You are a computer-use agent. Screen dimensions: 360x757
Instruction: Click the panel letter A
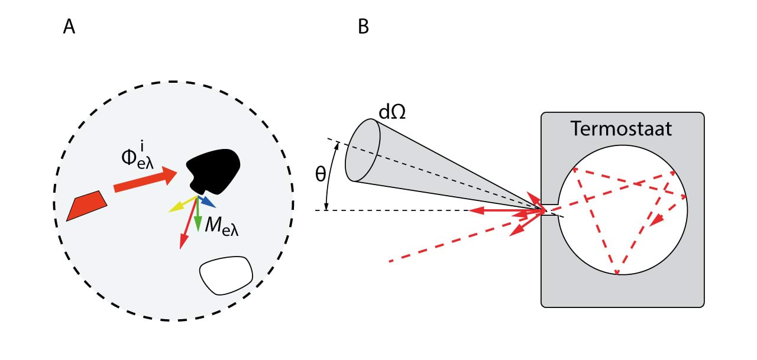point(69,27)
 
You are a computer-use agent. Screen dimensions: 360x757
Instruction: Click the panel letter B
point(363,27)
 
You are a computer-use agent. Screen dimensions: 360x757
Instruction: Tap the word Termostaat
point(622,129)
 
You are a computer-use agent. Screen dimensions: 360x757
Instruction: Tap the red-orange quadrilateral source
point(86,205)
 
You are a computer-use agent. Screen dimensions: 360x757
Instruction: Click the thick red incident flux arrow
point(145,180)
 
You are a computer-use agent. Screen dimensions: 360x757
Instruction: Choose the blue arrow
point(206,201)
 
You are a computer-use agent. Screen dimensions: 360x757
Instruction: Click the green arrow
point(198,216)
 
